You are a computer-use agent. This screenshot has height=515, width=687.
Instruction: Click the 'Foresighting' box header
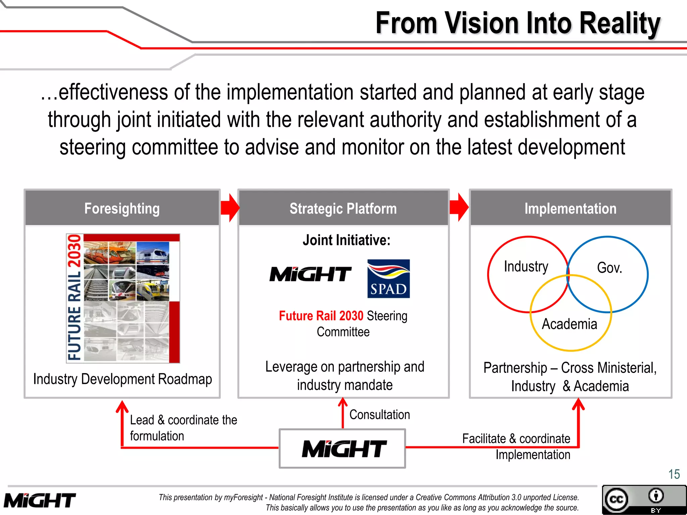click(122, 209)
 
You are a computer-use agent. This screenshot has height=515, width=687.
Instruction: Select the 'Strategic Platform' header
click(343, 209)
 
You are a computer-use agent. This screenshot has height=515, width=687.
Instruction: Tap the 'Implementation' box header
click(570, 209)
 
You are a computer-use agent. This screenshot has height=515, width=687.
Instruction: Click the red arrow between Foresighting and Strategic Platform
click(230, 208)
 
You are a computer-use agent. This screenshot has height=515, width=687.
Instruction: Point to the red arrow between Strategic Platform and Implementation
click(459, 208)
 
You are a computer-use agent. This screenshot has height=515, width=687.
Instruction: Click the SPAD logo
click(388, 279)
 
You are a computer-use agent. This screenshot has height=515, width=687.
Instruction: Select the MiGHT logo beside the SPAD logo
click(310, 274)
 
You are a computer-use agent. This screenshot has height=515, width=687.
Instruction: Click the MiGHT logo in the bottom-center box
click(344, 449)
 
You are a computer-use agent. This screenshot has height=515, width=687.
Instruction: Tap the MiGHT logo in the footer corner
click(40, 501)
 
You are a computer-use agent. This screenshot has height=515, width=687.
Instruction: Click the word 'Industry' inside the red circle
click(526, 267)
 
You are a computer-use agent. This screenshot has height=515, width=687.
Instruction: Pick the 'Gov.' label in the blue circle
click(610, 268)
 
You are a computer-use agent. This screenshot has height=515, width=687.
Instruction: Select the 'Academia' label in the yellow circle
click(569, 324)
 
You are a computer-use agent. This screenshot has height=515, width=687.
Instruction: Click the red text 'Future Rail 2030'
click(321, 316)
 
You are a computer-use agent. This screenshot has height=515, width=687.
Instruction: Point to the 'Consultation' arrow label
click(379, 415)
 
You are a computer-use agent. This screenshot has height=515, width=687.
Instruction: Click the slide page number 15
click(674, 474)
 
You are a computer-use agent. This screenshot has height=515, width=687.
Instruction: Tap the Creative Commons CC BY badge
click(644, 500)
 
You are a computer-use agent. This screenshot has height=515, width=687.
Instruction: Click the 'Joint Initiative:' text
click(346, 240)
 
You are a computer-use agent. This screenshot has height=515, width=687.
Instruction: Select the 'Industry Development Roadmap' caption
click(122, 379)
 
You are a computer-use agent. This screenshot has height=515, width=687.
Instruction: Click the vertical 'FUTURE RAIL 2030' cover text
click(74, 298)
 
